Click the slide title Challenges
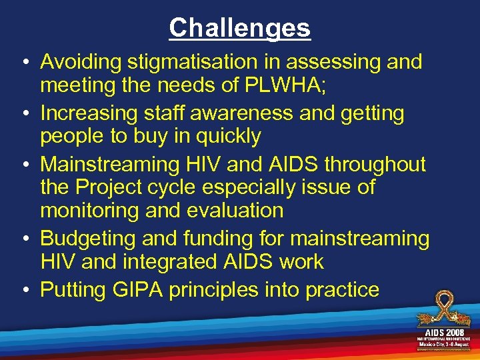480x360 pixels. click(239, 28)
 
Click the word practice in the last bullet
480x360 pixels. click(343, 289)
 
